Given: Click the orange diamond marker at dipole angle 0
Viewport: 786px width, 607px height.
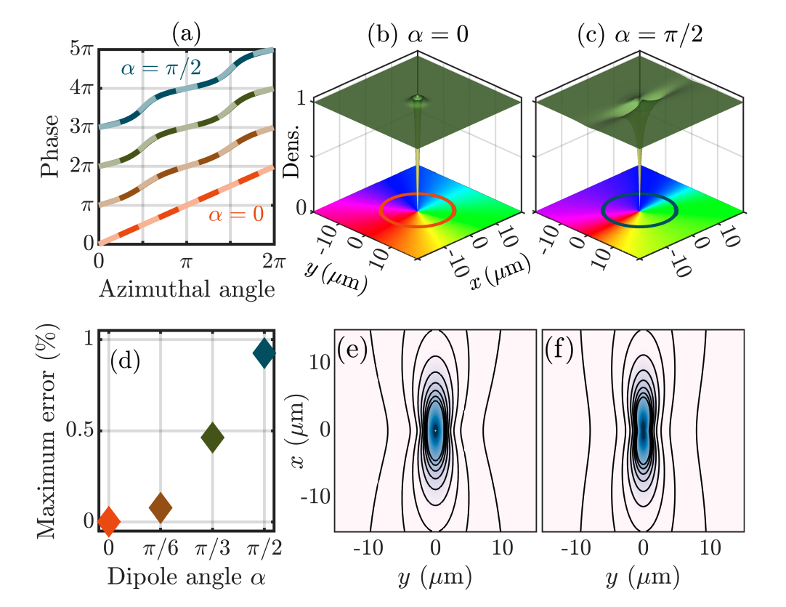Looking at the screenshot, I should point(109,520).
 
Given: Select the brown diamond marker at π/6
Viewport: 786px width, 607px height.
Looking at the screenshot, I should point(161,507).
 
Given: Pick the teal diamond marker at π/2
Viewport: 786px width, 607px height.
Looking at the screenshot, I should point(264,353).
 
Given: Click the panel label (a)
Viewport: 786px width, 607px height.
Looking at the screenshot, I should point(186,33).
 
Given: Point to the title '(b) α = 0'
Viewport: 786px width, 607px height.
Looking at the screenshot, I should point(416,33).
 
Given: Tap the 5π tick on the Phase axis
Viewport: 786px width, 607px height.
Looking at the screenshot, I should point(81,49).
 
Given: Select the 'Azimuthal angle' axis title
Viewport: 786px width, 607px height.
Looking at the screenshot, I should point(187,289).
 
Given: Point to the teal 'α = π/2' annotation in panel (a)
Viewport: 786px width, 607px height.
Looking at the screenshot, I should point(161,70).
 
